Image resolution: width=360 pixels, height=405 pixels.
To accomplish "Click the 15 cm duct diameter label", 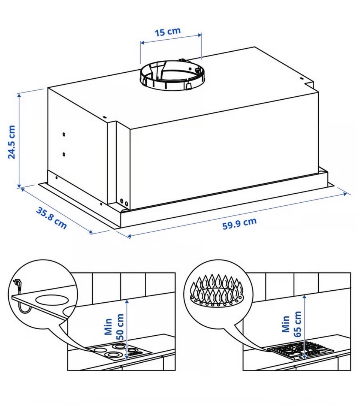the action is coord(168,32).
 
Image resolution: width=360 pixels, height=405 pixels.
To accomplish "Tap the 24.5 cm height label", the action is coord(12,142).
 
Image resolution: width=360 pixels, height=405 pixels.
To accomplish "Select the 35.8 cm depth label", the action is coord(51,218).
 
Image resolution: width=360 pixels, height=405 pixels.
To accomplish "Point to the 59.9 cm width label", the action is coord(240,223).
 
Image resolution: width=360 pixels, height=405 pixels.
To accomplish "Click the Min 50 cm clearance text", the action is coord(114,327).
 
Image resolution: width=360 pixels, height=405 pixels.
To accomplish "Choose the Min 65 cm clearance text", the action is coord(291,324).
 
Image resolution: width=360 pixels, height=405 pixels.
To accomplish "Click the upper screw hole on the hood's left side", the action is coord(64,135).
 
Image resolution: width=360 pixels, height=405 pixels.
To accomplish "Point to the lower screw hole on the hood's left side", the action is coord(64,154).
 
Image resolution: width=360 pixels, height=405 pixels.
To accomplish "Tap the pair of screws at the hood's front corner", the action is coord(124,202).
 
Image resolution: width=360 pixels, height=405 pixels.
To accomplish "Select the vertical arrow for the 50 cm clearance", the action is coord(126,329).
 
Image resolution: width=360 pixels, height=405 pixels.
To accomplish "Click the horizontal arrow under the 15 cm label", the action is coord(171,38).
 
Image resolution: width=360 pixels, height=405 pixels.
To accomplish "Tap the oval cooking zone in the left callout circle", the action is coord(52,300).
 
